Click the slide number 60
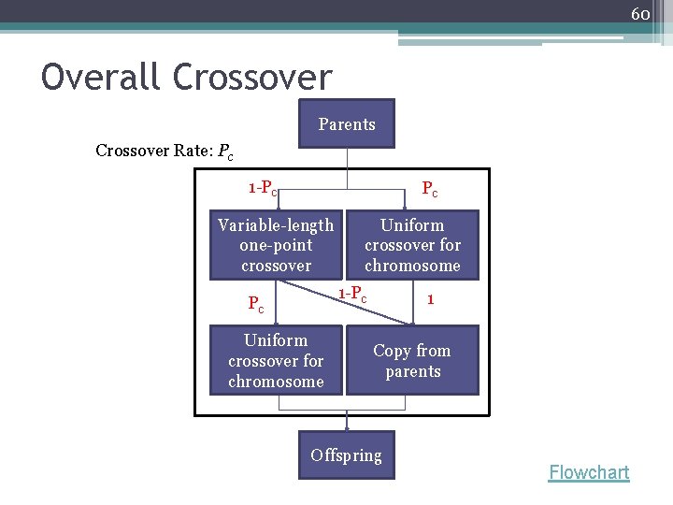[x=640, y=14]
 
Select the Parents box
[x=347, y=123]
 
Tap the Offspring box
[x=347, y=454]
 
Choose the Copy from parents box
[x=412, y=360]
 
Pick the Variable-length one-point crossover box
[x=276, y=245]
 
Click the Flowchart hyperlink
[x=589, y=472]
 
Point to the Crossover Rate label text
[x=154, y=151]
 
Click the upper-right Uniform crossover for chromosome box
[x=412, y=245]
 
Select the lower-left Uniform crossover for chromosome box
[x=276, y=360]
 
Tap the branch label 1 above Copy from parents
[x=429, y=299]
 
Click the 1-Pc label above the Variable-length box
[x=263, y=188]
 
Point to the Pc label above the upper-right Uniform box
[x=429, y=190]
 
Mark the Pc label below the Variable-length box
[x=255, y=304]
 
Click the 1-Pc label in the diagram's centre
[x=352, y=294]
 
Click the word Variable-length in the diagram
[x=276, y=225]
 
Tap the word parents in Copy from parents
[x=412, y=371]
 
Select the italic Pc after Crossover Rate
[x=225, y=151]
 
